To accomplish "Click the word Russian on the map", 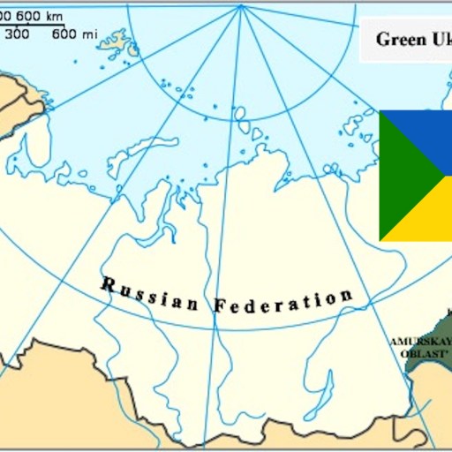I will pyautogui.click(x=150, y=295).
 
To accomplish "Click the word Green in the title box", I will pyautogui.click(x=395, y=39).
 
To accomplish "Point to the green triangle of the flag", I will pyautogui.click(x=398, y=177).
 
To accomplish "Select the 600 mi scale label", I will pyautogui.click(x=75, y=34).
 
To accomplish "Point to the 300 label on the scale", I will pyautogui.click(x=19, y=34).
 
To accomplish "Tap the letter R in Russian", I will pyautogui.click(x=108, y=283).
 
